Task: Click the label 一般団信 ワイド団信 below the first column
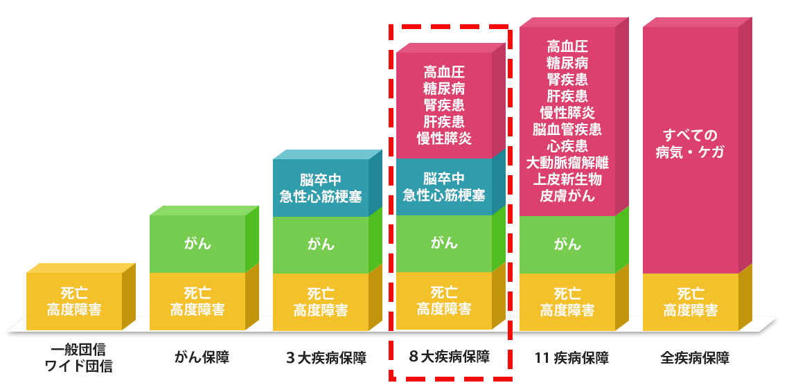point(78,357)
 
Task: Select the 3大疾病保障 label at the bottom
point(326,358)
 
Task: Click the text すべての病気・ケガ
point(690,143)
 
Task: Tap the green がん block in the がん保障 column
point(197,244)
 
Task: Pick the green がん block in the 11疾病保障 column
point(567,244)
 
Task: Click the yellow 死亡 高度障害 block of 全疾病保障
point(690,302)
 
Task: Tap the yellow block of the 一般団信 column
point(74,302)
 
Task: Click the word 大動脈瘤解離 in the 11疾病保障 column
point(567,163)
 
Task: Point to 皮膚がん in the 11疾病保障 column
point(567,196)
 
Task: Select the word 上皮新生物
point(567,180)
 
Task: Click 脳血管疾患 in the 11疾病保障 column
point(567,129)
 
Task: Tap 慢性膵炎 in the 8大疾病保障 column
point(443,138)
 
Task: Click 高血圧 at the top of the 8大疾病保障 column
point(443,72)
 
